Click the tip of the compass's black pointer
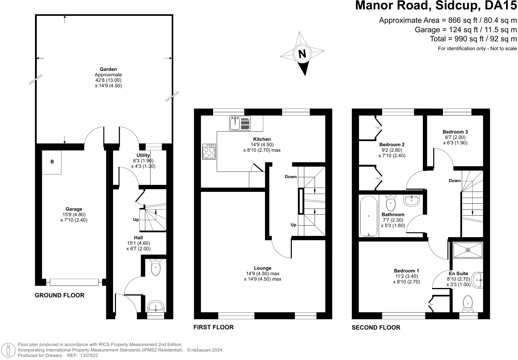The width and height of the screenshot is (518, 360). (305, 76)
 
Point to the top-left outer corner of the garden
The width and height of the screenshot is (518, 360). (35, 15)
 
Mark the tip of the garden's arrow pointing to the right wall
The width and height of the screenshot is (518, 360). (172, 58)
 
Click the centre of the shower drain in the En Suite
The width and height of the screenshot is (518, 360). (468, 250)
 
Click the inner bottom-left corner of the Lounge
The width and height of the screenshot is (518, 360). (201, 312)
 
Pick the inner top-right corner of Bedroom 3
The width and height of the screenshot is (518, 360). (483, 116)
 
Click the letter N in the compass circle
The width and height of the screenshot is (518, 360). (302, 54)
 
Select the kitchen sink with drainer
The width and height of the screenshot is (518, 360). (240, 123)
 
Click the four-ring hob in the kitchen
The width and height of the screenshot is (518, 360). (209, 151)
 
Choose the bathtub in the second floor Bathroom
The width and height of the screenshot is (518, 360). (369, 216)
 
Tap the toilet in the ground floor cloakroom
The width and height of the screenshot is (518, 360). (156, 267)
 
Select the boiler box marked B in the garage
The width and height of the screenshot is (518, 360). (52, 162)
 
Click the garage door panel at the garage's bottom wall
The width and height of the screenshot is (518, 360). (74, 282)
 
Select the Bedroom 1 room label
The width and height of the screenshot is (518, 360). (406, 271)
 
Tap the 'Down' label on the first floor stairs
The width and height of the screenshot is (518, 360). (291, 177)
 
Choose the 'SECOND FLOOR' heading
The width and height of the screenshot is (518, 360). (376, 327)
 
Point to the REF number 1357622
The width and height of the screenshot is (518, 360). (89, 355)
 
